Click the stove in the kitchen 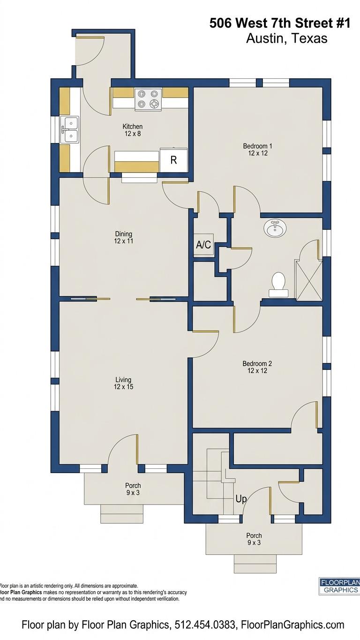pyautogui.click(x=148, y=99)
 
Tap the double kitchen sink pyautogui.click(x=69, y=129)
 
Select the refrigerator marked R pyautogui.click(x=173, y=160)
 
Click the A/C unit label pyautogui.click(x=203, y=244)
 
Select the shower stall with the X pyautogui.click(x=308, y=280)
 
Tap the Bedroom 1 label pyautogui.click(x=257, y=149)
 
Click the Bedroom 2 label pyautogui.click(x=257, y=367)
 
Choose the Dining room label pyautogui.click(x=124, y=237)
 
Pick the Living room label pyautogui.click(x=123, y=383)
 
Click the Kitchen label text pyautogui.click(x=132, y=130)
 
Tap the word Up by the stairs pyautogui.click(x=241, y=499)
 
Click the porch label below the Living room pyautogui.click(x=133, y=489)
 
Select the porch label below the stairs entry pyautogui.click(x=254, y=539)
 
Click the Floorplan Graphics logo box pyautogui.click(x=339, y=586)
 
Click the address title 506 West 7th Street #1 pyautogui.click(x=280, y=23)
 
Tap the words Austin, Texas pyautogui.click(x=286, y=38)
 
